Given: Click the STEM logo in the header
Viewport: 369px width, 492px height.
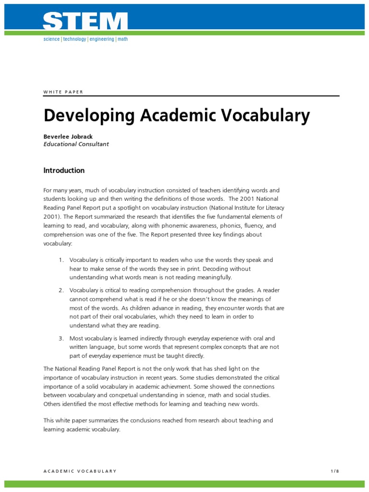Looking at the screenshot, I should point(85,22).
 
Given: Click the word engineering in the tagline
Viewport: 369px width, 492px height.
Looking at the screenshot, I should point(101,39).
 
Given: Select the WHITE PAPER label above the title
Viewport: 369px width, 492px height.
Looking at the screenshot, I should point(63,92).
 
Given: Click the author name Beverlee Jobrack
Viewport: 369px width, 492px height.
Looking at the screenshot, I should point(68,136).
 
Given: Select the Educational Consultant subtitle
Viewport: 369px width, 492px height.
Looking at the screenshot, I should point(76,144).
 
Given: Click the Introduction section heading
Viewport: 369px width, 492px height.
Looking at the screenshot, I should point(64,171).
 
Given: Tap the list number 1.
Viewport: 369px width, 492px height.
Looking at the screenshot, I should point(61,260).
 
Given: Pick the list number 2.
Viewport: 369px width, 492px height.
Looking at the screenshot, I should point(61,290).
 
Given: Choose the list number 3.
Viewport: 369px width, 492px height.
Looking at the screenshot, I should point(61,338).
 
